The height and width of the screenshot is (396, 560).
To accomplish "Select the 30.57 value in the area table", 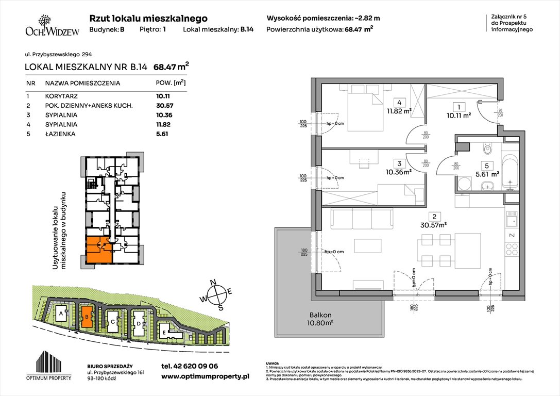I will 164,106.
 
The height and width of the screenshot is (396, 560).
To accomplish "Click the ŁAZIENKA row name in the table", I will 60,134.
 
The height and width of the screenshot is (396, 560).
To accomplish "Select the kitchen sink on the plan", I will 511,222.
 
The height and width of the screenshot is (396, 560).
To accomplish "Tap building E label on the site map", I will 164,333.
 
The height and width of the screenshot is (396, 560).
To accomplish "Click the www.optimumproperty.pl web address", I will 205,377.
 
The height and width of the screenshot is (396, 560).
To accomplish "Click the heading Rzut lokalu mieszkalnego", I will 148,18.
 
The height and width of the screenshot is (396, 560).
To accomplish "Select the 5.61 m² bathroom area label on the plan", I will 487,174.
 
